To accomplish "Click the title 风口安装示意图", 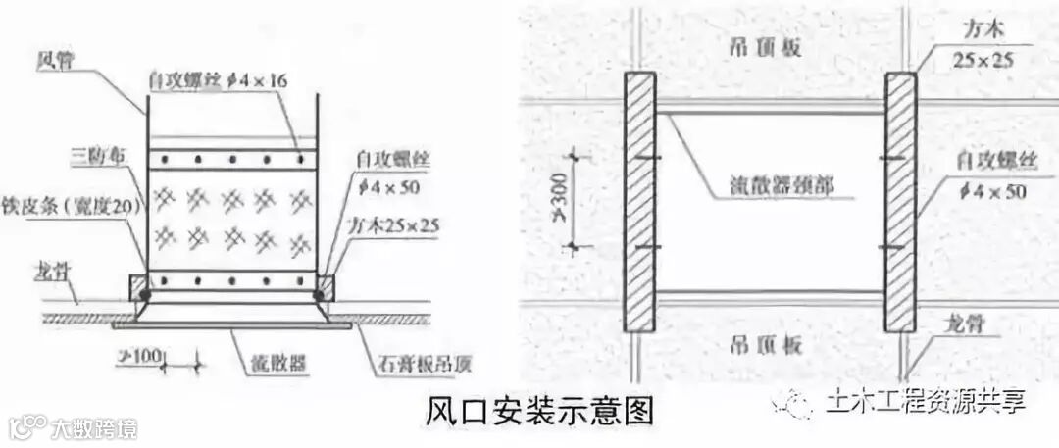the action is tap(538, 409).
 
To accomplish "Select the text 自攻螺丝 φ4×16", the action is tap(218, 80).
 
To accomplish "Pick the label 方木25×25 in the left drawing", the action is tap(393, 224).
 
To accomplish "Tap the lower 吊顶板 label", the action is tap(767, 344).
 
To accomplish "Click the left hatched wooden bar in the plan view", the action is tap(640, 201).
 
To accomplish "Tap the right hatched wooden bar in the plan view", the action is tap(900, 201).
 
